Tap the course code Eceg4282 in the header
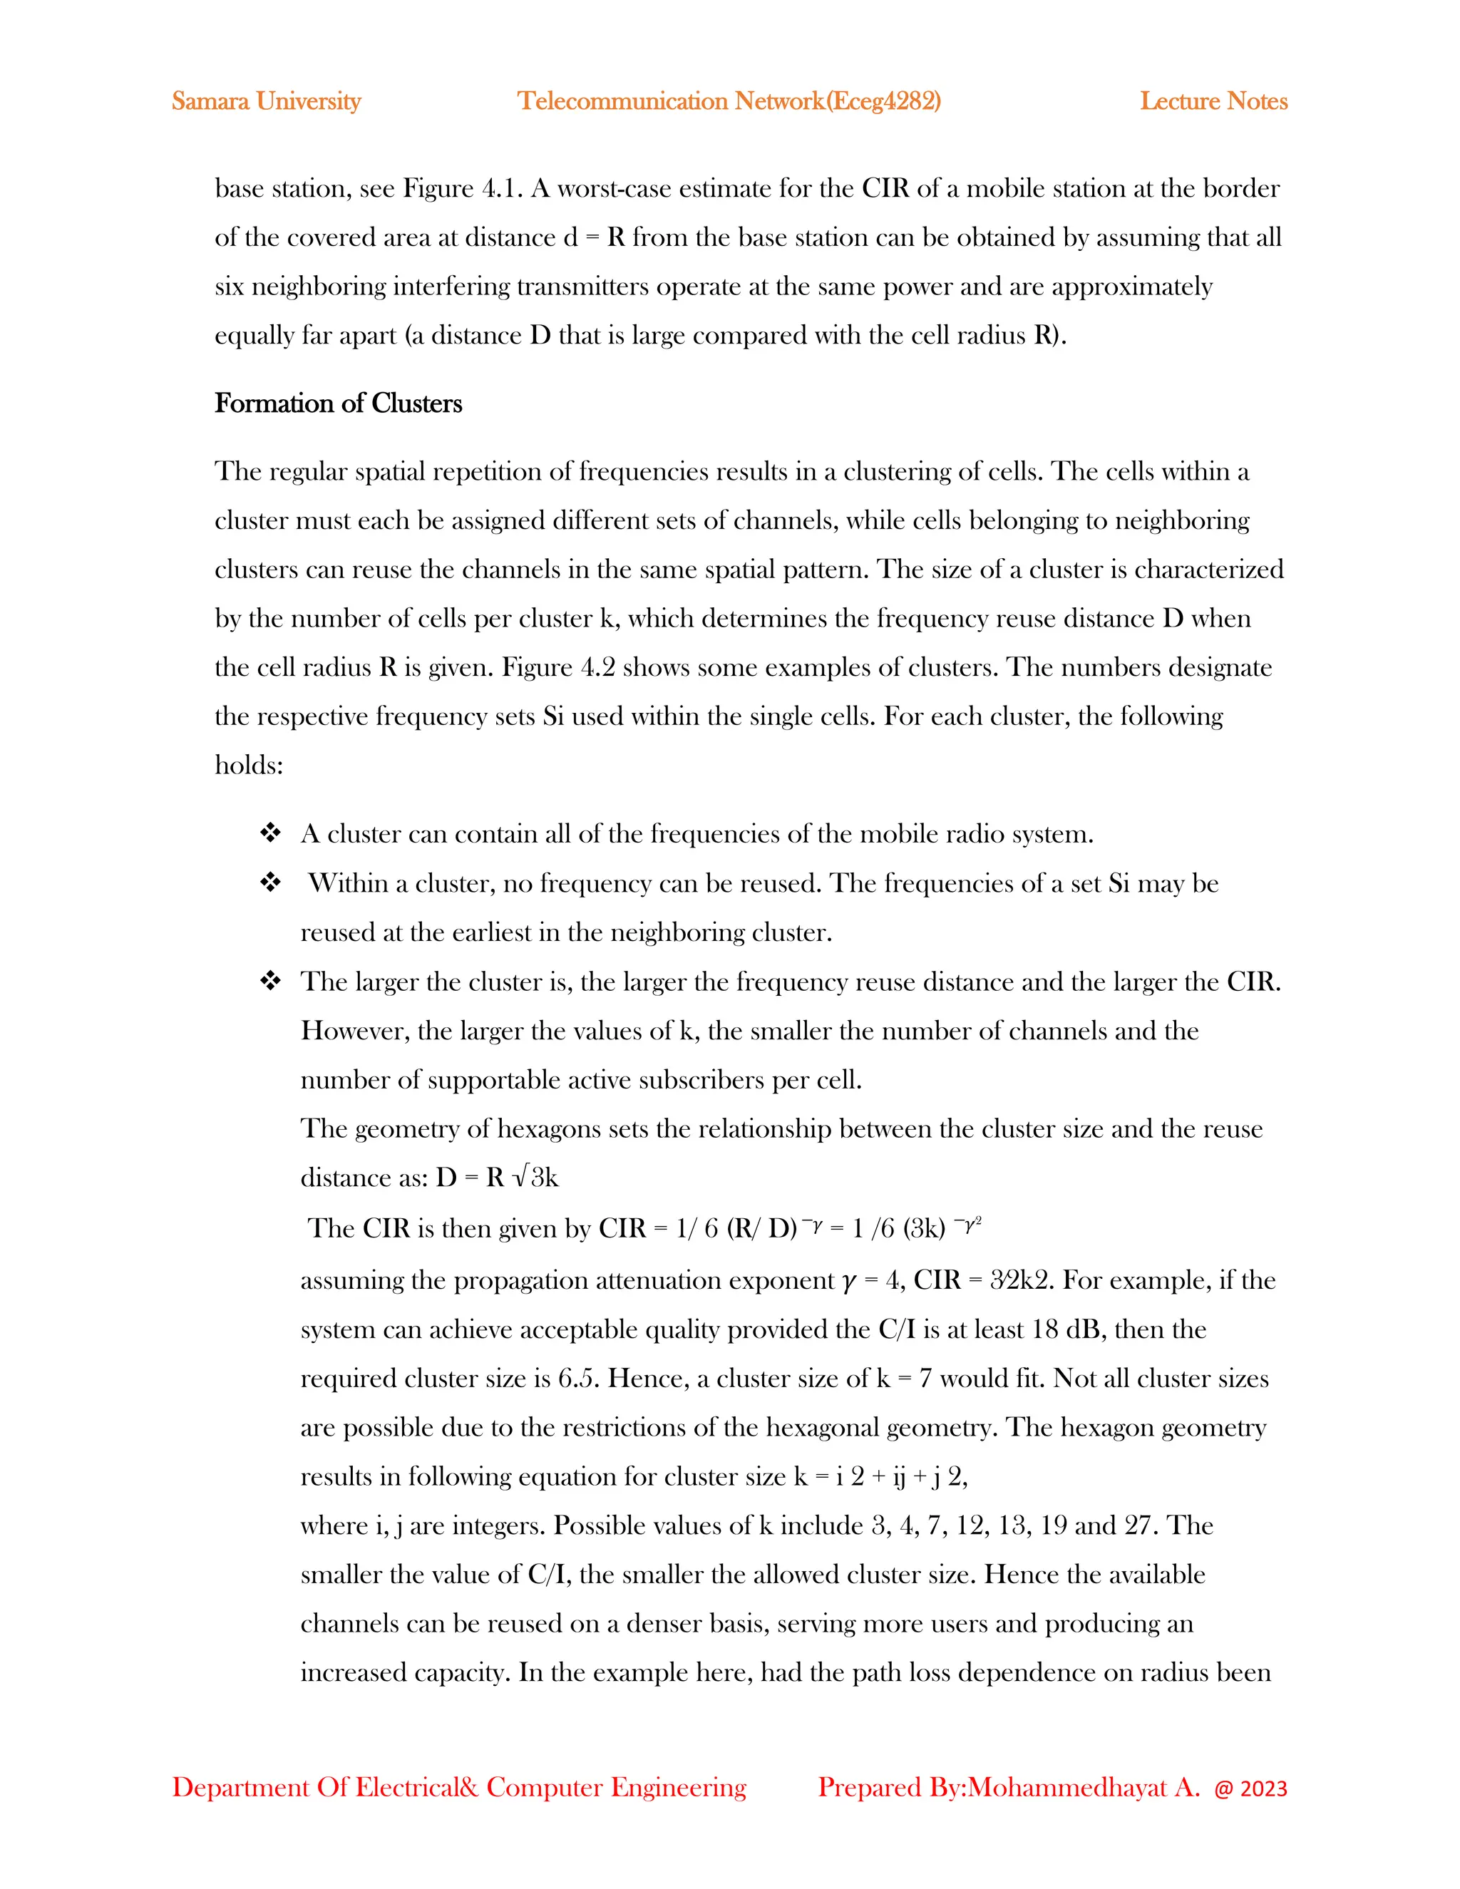(x=883, y=101)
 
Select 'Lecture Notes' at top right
(x=1213, y=101)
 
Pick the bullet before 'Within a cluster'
(x=271, y=883)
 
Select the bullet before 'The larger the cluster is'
(x=271, y=982)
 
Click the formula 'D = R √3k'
(x=498, y=1178)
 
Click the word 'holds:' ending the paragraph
(x=249, y=766)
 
